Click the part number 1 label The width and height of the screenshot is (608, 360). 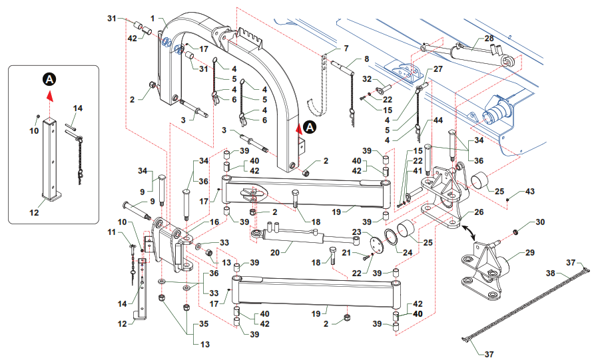[x=152, y=17]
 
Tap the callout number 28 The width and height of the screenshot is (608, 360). [x=489, y=39]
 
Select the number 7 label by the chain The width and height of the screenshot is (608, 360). [x=346, y=49]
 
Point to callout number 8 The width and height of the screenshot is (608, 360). [x=366, y=59]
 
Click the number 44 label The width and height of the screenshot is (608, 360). [x=438, y=120]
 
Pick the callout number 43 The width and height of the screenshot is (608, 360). [x=530, y=191]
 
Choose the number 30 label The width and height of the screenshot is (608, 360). [x=540, y=222]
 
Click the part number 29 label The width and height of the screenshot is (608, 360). [x=530, y=254]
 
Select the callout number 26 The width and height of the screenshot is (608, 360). [x=478, y=213]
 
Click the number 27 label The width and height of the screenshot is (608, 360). [x=438, y=69]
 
